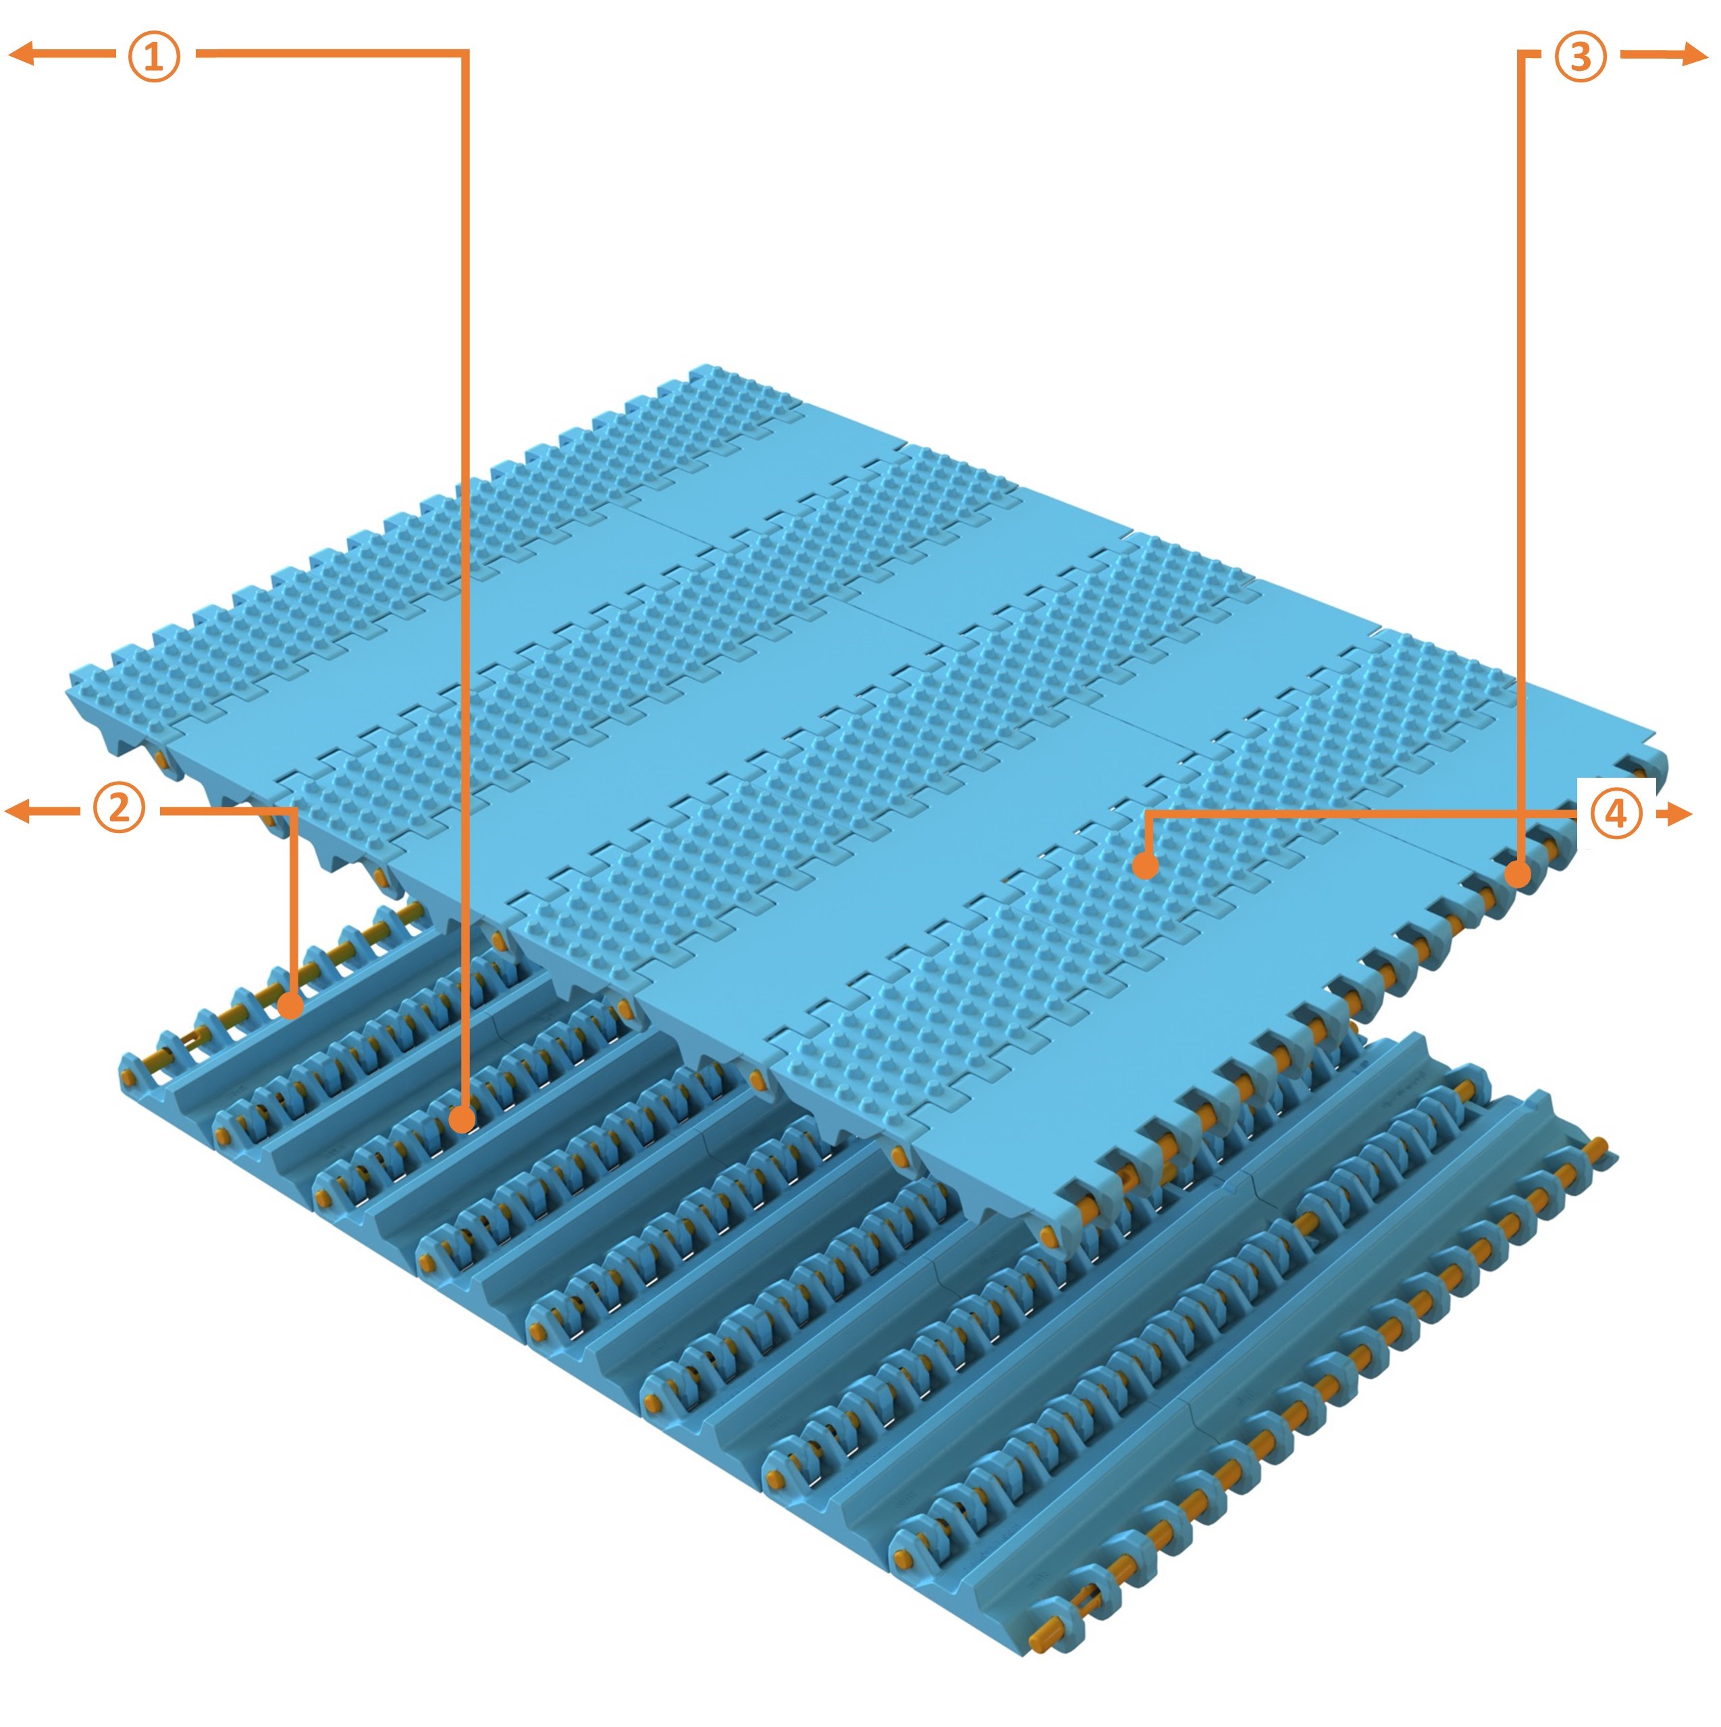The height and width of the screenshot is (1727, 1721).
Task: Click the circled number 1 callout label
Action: [x=154, y=55]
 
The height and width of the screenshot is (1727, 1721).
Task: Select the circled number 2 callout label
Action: [x=119, y=810]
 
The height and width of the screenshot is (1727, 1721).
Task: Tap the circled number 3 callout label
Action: [x=1581, y=55]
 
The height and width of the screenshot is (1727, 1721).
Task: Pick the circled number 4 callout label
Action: [x=1616, y=814]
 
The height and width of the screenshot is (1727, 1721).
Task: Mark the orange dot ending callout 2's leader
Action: [x=290, y=1006]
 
